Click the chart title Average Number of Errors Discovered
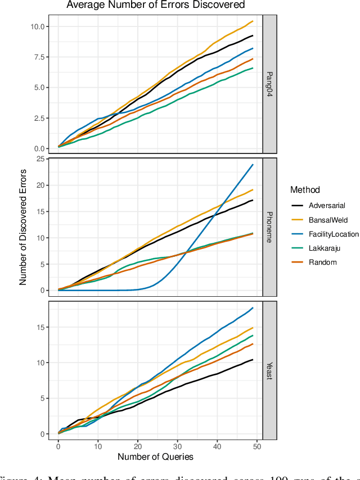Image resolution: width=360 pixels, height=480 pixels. pyautogui.click(x=156, y=5)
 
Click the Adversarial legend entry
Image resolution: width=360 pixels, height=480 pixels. pyautogui.click(x=326, y=206)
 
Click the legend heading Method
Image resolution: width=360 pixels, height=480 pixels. pyautogui.click(x=305, y=190)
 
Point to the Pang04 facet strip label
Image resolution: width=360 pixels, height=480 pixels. pyautogui.click(x=270, y=84)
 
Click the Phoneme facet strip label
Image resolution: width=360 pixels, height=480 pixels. pyautogui.click(x=270, y=227)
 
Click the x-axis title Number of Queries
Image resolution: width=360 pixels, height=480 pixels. pyautogui.click(x=155, y=457)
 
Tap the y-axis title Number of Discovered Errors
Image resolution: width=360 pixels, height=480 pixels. pyautogui.click(x=23, y=227)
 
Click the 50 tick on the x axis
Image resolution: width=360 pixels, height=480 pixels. pyautogui.click(x=256, y=446)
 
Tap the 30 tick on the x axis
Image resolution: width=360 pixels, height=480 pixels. pyautogui.click(x=177, y=446)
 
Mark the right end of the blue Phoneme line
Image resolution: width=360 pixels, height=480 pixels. pyautogui.click(x=253, y=165)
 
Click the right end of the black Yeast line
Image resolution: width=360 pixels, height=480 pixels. pyautogui.click(x=253, y=360)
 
